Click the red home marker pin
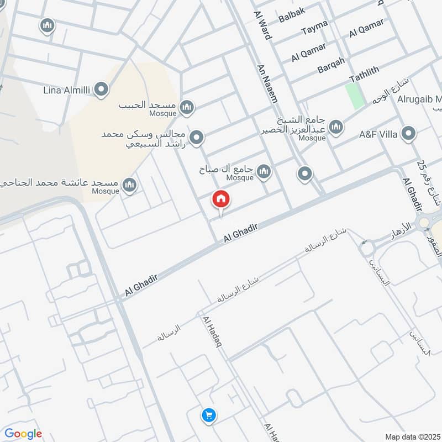(221, 199)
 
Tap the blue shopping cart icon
(208, 415)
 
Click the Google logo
(23, 434)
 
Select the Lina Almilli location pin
(101, 89)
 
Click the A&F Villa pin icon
(408, 134)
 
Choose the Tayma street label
(314, 27)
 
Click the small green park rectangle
(355, 95)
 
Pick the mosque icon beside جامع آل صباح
(264, 172)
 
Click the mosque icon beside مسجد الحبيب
(187, 107)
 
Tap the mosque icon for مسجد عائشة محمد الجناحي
(130, 185)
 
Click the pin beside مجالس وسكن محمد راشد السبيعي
(196, 137)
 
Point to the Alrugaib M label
(419, 100)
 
